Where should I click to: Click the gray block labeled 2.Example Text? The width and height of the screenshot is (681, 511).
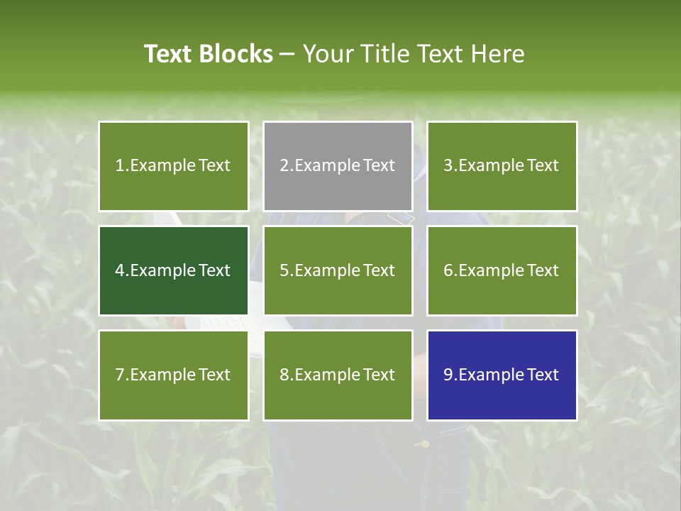[x=338, y=166]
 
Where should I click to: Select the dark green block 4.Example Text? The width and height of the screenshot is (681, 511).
[x=173, y=270]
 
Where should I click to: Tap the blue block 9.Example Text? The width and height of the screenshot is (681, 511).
[x=502, y=375]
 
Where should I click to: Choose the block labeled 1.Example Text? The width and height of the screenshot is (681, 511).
[x=173, y=166]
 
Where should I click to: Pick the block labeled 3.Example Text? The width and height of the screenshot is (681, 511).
[x=502, y=166]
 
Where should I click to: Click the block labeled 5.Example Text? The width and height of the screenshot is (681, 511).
[x=338, y=270]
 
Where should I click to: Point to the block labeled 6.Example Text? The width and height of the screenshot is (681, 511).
[x=502, y=270]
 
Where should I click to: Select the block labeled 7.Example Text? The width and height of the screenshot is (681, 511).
[x=173, y=375]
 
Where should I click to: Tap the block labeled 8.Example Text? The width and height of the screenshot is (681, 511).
[x=338, y=375]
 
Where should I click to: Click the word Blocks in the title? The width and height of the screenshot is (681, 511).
[x=236, y=54]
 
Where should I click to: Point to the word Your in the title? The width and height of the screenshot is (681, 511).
[x=328, y=54]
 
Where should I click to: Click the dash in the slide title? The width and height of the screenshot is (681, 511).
[x=287, y=55]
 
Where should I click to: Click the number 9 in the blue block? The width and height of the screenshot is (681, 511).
[x=448, y=375]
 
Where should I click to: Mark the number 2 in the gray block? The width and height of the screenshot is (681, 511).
[x=284, y=166]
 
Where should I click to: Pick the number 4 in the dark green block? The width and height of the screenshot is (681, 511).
[x=120, y=270]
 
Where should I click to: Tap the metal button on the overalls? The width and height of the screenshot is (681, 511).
[x=425, y=444]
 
